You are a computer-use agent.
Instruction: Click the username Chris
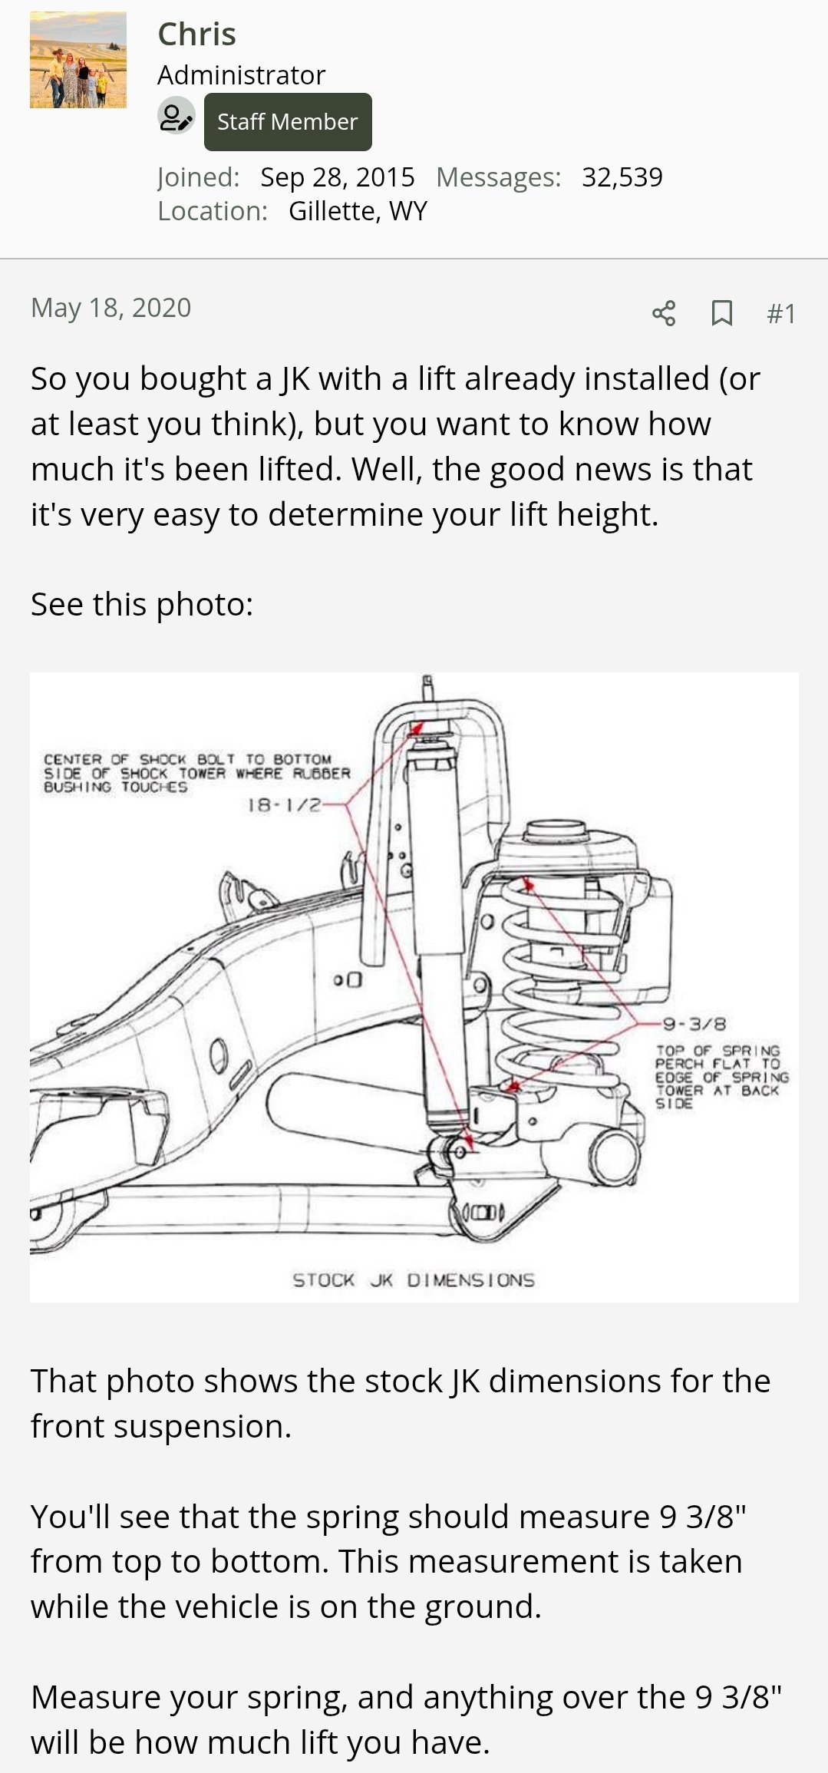click(196, 35)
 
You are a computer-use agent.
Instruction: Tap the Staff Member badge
click(288, 122)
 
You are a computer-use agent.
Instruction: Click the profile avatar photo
click(78, 60)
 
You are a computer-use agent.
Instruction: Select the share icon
click(664, 313)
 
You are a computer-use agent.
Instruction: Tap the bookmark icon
click(721, 313)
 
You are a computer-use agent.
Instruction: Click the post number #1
click(781, 313)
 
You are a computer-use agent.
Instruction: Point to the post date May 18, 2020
click(111, 308)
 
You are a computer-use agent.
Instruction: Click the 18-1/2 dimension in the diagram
click(283, 805)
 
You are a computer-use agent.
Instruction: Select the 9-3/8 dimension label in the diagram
click(694, 1024)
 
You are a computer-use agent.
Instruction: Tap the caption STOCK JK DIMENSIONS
click(414, 1279)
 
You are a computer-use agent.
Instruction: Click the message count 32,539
click(622, 177)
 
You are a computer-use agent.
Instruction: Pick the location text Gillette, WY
click(358, 211)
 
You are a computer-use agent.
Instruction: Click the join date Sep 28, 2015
click(338, 177)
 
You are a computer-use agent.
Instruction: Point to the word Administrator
click(242, 75)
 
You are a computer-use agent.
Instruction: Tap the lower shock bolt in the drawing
click(460, 1150)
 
